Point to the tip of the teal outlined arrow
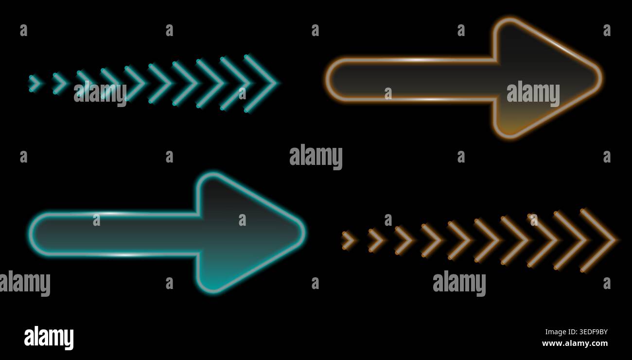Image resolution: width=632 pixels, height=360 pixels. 304,233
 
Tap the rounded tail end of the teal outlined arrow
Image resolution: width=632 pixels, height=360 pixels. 31,234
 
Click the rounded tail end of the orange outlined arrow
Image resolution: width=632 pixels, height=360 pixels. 327,80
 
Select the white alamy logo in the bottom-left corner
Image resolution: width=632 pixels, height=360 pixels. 49,338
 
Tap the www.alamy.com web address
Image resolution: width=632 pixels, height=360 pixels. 575,343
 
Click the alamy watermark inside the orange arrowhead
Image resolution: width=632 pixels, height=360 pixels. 533,94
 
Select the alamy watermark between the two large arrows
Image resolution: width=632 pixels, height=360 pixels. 316,157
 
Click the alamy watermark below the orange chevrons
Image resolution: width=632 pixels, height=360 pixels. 459,283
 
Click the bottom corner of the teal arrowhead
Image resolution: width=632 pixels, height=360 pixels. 213,291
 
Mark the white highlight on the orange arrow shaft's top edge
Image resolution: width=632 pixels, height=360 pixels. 418,60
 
